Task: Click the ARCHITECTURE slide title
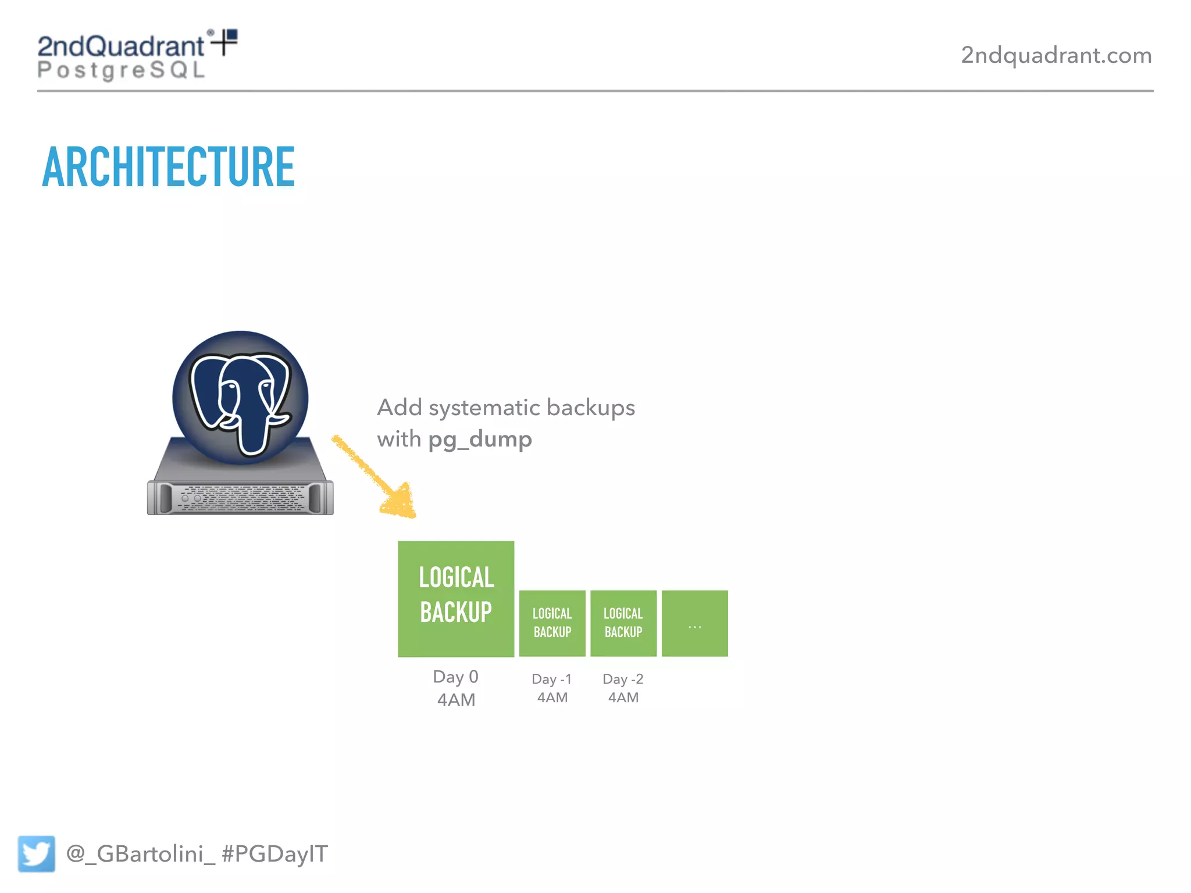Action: pyautogui.click(x=169, y=167)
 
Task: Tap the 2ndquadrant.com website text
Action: pyautogui.click(x=1056, y=55)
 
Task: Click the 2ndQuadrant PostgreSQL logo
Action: pyautogui.click(x=136, y=55)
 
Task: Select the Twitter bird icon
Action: pyautogui.click(x=36, y=853)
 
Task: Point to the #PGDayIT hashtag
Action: pyautogui.click(x=275, y=853)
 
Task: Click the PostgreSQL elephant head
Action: pyautogui.click(x=240, y=398)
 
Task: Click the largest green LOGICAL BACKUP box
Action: pyautogui.click(x=456, y=599)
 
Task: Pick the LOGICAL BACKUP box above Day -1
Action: pyautogui.click(x=552, y=623)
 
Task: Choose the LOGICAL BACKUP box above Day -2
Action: pyautogui.click(x=623, y=623)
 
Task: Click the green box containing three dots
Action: pyautogui.click(x=695, y=623)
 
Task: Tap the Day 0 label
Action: pyautogui.click(x=456, y=677)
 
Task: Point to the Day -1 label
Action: pyautogui.click(x=552, y=679)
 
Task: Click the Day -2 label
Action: pyautogui.click(x=623, y=679)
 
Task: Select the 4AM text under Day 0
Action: pyautogui.click(x=456, y=700)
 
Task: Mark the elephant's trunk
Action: pyautogui.click(x=254, y=430)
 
